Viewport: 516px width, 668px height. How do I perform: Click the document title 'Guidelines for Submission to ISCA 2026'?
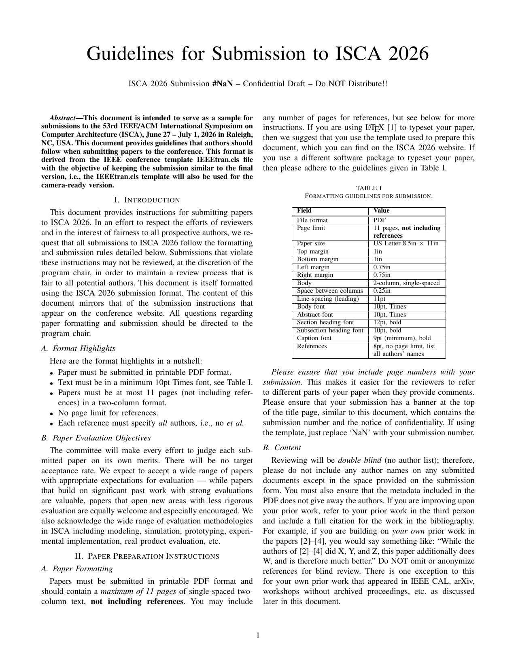[257, 53]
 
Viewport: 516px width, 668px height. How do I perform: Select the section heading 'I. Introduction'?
[147, 200]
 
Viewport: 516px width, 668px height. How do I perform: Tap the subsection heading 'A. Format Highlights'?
[78, 349]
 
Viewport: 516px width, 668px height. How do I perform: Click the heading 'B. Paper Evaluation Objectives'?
[96, 438]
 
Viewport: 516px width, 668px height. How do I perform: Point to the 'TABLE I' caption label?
[368, 188]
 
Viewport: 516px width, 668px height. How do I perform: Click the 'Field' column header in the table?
[304, 211]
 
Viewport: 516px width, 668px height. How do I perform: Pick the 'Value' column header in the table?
[381, 211]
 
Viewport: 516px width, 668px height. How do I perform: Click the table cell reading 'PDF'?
[379, 220]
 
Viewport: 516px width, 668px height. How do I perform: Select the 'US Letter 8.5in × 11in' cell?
[406, 244]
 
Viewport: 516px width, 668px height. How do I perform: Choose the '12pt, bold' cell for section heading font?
[387, 323]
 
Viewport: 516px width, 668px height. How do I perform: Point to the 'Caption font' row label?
[314, 338]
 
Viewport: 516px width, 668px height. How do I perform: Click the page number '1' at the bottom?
[258, 636]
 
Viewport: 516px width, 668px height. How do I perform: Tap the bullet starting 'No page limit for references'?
[108, 413]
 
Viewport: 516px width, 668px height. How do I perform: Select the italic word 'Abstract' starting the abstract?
[62, 118]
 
